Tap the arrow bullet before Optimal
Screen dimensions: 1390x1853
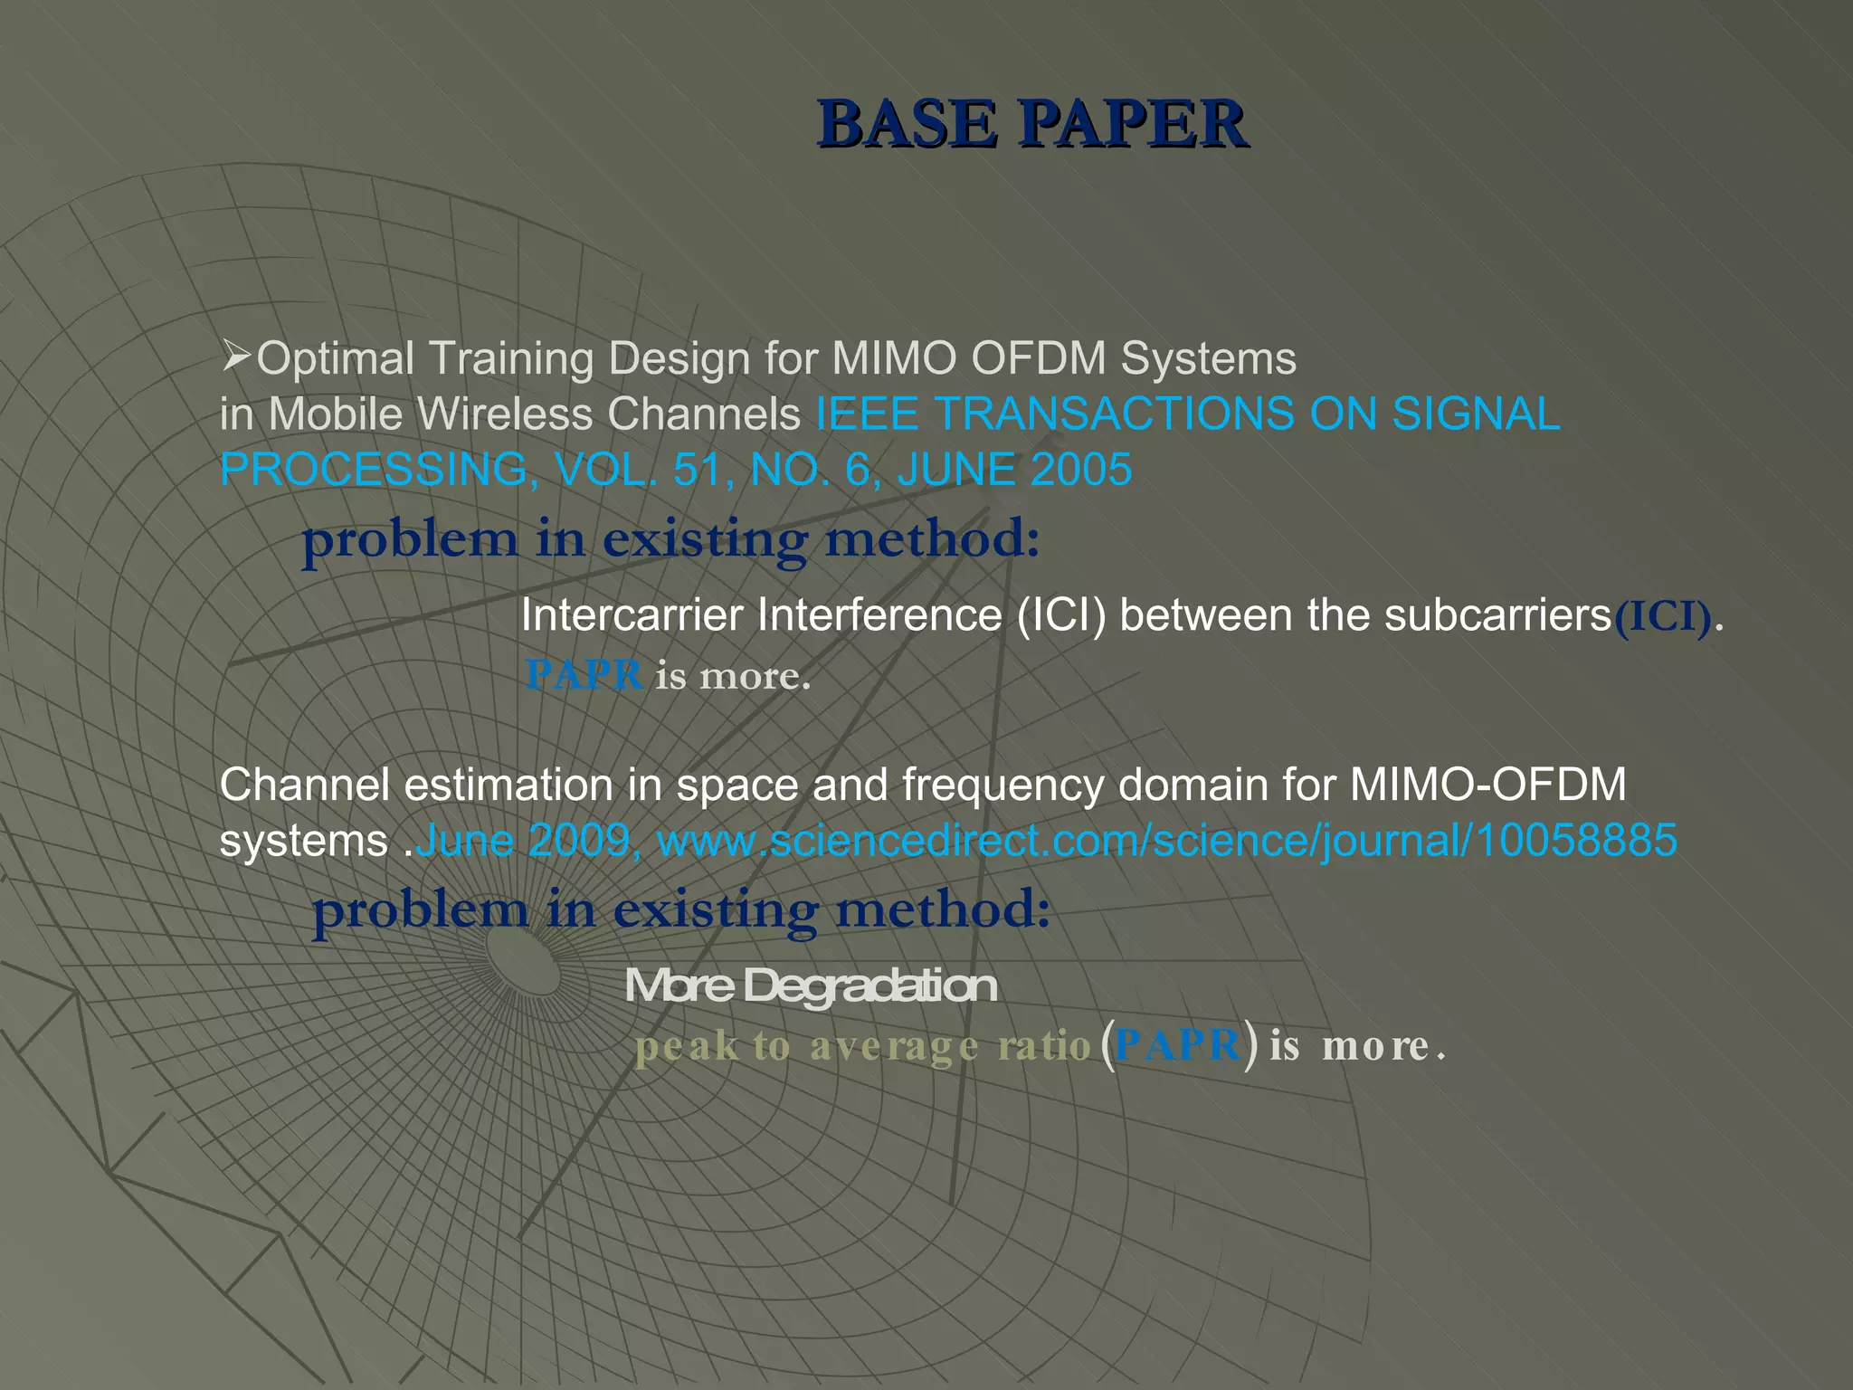click(235, 357)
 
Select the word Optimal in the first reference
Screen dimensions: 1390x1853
click(336, 358)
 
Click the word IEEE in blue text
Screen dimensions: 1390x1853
click(867, 414)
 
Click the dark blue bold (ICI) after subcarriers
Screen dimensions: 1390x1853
click(1663, 617)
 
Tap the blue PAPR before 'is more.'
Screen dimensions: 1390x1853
click(584, 675)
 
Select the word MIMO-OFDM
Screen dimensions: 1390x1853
click(1487, 785)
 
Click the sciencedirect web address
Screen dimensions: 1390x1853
click(1167, 841)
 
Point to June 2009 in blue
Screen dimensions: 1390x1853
click(523, 841)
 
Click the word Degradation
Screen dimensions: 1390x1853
click(869, 985)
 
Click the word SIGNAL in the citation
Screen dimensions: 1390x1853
click(1476, 414)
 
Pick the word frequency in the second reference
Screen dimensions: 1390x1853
click(1003, 785)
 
